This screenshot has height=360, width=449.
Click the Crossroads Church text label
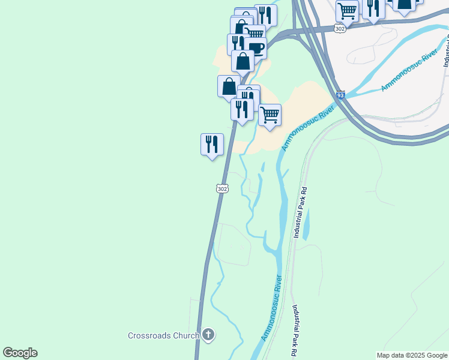163,335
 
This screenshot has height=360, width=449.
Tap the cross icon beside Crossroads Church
208,335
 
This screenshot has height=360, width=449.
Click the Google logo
20,353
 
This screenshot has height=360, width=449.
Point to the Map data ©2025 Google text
412,355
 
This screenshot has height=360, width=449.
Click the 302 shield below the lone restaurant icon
222,188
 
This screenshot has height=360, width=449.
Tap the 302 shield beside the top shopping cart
340,29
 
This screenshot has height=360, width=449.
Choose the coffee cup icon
256,47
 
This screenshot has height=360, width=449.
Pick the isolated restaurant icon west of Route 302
212,145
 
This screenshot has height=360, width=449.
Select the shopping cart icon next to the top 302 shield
347,10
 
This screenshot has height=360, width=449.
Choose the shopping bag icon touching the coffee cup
243,61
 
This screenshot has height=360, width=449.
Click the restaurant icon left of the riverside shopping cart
242,110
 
